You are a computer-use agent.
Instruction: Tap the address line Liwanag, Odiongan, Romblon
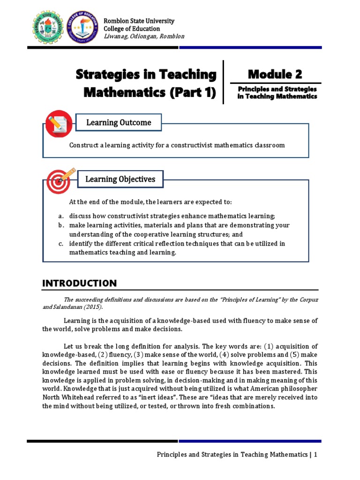click(x=143, y=37)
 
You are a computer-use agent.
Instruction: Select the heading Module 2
click(x=275, y=74)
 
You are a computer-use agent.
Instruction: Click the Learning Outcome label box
click(x=119, y=123)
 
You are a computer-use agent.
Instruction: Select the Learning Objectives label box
click(x=120, y=179)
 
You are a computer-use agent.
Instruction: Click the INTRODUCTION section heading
click(x=79, y=283)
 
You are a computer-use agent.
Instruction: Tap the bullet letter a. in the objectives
click(x=61, y=216)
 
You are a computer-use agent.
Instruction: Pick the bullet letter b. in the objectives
click(x=61, y=225)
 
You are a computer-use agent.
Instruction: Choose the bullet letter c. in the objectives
click(x=61, y=243)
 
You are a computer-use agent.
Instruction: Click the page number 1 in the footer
click(x=316, y=454)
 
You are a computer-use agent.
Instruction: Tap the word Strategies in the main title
click(x=108, y=75)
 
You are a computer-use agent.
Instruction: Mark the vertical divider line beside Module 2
click(x=224, y=82)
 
